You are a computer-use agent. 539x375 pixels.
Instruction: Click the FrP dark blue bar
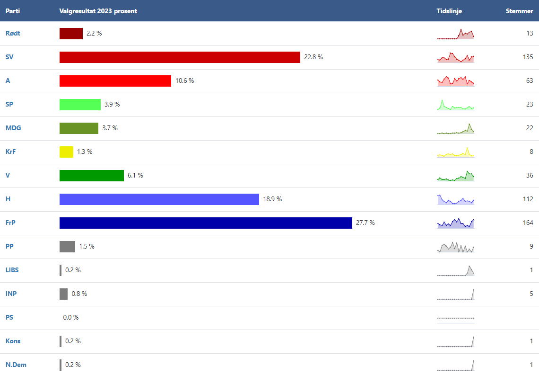click(206, 223)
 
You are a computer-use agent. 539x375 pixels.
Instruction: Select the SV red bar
click(180, 57)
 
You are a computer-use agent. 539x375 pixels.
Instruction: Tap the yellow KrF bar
click(66, 152)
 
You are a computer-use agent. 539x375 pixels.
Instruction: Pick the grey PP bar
click(67, 247)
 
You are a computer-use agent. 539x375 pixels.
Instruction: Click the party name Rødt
click(13, 34)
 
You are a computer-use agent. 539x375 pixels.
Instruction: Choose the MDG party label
click(13, 128)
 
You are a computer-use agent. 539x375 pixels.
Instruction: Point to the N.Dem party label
click(15, 365)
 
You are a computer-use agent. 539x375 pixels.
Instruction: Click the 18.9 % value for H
click(272, 199)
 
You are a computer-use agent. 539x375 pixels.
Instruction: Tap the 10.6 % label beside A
click(184, 81)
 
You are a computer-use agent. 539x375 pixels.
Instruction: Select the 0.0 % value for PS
click(71, 318)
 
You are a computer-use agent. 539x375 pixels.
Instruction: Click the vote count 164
click(528, 223)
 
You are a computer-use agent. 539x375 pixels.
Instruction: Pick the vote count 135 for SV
click(528, 57)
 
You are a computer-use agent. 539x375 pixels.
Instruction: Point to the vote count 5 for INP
click(531, 294)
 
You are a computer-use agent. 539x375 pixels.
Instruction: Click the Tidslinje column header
click(449, 11)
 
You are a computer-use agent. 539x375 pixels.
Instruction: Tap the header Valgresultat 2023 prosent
click(98, 11)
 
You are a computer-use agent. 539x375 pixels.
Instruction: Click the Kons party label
click(13, 341)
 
